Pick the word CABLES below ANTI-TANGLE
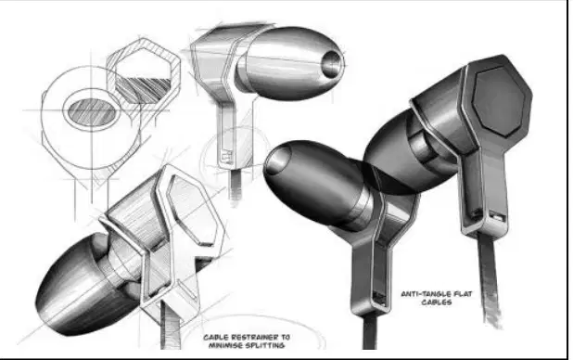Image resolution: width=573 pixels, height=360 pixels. coord(437,302)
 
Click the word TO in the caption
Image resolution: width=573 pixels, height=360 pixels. coord(286,338)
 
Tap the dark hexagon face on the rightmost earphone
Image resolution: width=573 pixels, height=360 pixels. coord(498,101)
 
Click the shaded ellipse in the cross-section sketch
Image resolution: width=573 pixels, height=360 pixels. coord(92,112)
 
